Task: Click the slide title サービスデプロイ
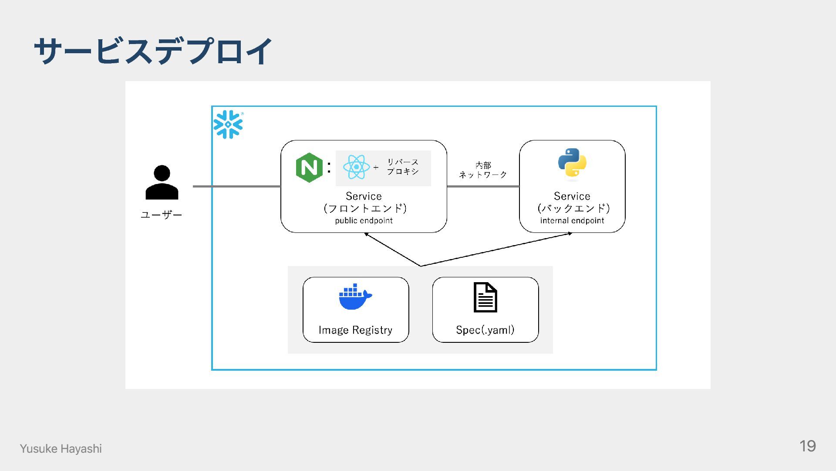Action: pyautogui.click(x=153, y=51)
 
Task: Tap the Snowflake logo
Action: pyautogui.click(x=228, y=124)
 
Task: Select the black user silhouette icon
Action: pyautogui.click(x=162, y=182)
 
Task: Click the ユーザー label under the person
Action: pyautogui.click(x=161, y=215)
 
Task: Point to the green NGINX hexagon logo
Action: pyautogui.click(x=309, y=167)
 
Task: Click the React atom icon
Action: pyautogui.click(x=356, y=167)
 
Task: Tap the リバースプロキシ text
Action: pyautogui.click(x=403, y=167)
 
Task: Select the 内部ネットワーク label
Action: pyautogui.click(x=483, y=170)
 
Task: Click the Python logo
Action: pyautogui.click(x=572, y=163)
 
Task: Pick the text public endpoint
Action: pyautogui.click(x=364, y=221)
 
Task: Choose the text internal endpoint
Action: pyautogui.click(x=572, y=221)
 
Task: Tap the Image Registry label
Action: pyautogui.click(x=355, y=330)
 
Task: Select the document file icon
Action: pyautogui.click(x=485, y=297)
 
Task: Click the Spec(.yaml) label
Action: pyautogui.click(x=485, y=330)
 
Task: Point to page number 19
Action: pyautogui.click(x=807, y=446)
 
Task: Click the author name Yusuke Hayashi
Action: pyautogui.click(x=61, y=449)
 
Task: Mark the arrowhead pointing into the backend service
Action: pyautogui.click(x=570, y=233)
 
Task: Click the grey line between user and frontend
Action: pyautogui.click(x=237, y=186)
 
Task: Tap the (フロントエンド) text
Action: pyautogui.click(x=365, y=208)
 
